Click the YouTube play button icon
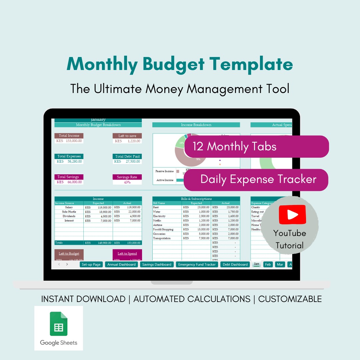(x=292, y=214)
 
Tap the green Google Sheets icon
(x=59, y=324)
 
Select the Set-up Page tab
(x=91, y=264)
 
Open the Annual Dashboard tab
(x=121, y=264)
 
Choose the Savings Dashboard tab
(x=157, y=264)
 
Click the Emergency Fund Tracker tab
(x=197, y=264)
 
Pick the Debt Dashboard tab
(x=235, y=264)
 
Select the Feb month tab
(x=267, y=264)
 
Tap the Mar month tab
(x=280, y=264)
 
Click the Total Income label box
(x=69, y=136)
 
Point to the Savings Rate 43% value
(x=127, y=182)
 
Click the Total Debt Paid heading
(x=127, y=156)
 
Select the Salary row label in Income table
(x=69, y=207)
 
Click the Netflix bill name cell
(x=157, y=221)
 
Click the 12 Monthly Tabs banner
(x=256, y=147)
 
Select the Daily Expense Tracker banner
(x=256, y=179)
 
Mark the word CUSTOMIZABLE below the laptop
(x=290, y=299)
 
